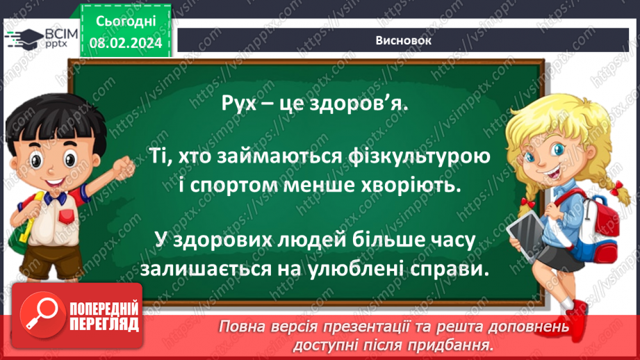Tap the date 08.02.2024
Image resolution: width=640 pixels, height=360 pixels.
[126, 43]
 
